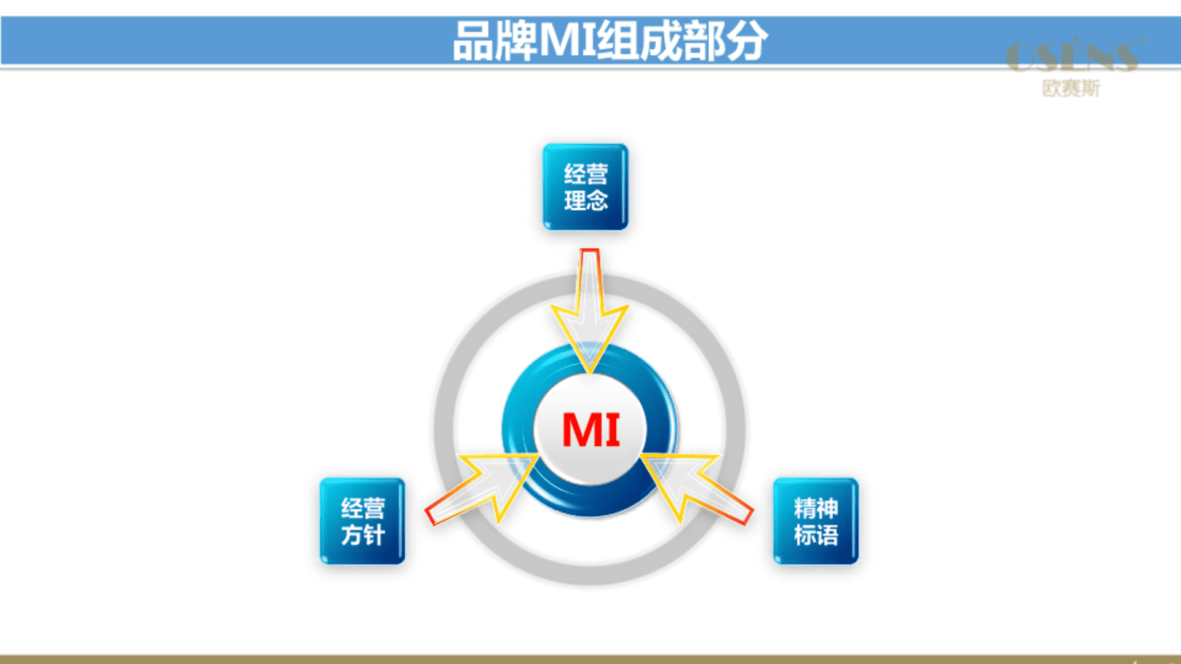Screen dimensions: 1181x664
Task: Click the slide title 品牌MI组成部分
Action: pos(610,41)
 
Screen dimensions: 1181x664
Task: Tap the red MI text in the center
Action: pos(591,430)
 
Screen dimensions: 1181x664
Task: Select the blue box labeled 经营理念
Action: pos(586,187)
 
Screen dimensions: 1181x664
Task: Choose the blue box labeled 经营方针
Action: pos(362,521)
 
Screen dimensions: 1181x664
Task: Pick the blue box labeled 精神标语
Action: pos(816,521)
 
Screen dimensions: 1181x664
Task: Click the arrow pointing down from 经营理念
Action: pos(589,310)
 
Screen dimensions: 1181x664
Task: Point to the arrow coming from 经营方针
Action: pos(483,489)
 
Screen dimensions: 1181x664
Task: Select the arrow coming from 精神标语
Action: pos(696,489)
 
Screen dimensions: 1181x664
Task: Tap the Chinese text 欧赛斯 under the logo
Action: pos(1071,89)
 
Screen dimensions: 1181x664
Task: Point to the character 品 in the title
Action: pos(474,41)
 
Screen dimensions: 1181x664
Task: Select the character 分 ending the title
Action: pos(747,41)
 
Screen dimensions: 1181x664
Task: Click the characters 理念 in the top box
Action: pos(586,200)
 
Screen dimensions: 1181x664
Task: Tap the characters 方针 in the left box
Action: pos(363,535)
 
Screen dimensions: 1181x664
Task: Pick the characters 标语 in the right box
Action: pos(816,535)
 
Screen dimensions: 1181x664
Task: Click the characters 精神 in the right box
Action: pos(816,508)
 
